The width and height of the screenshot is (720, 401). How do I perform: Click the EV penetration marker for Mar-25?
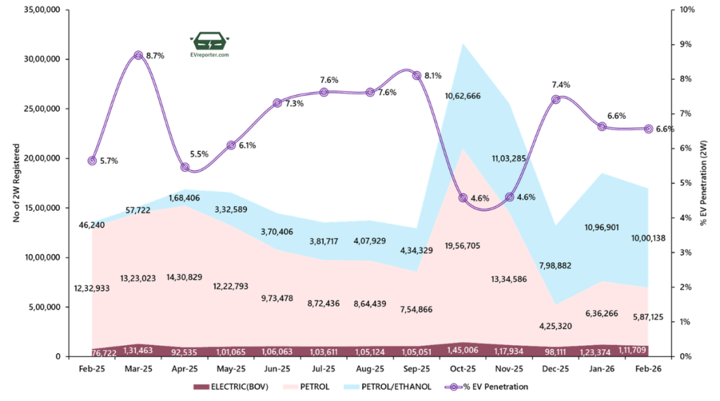(139, 56)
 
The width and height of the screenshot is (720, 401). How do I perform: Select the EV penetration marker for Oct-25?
(463, 198)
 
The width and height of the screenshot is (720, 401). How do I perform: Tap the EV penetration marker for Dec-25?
(555, 100)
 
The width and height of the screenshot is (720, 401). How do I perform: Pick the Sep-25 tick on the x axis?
(416, 368)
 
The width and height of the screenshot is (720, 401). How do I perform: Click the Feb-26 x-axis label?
(648, 368)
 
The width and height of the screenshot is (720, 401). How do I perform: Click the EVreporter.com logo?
(210, 44)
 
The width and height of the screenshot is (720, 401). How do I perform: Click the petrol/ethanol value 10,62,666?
(463, 96)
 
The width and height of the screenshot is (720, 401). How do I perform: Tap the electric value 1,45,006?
(463, 350)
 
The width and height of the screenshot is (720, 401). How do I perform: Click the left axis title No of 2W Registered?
(16, 183)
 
